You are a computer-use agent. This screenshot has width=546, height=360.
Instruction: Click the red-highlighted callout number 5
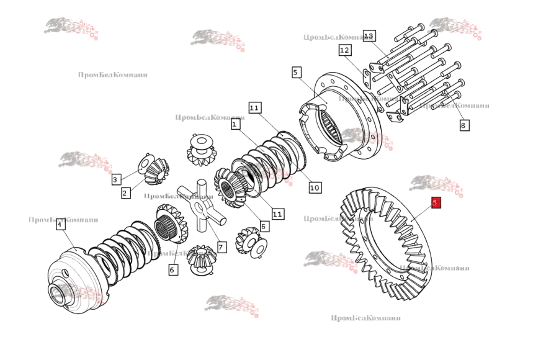click(436, 203)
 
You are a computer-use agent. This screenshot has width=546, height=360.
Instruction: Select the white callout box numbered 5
click(296, 73)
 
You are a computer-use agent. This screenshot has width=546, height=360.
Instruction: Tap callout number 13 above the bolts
click(370, 36)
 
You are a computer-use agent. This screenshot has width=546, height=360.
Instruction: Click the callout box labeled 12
click(345, 50)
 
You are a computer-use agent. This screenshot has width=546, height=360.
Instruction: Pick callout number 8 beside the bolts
click(464, 125)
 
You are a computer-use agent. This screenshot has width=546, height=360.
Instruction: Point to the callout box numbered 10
click(314, 187)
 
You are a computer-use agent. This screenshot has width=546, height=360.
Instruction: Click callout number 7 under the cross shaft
click(222, 246)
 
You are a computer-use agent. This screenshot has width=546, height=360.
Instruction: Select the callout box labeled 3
click(115, 179)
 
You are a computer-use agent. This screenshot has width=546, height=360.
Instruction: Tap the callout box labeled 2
click(125, 193)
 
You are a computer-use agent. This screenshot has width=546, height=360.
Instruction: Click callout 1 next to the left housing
click(60, 225)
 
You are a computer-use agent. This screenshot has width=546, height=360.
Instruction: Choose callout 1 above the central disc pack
click(235, 124)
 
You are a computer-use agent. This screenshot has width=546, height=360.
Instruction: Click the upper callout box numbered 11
click(254, 107)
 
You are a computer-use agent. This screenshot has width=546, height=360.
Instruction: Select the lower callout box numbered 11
click(277, 214)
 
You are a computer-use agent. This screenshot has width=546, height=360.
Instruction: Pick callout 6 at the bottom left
click(173, 269)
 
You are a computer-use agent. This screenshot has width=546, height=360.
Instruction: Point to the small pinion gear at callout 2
click(158, 171)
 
